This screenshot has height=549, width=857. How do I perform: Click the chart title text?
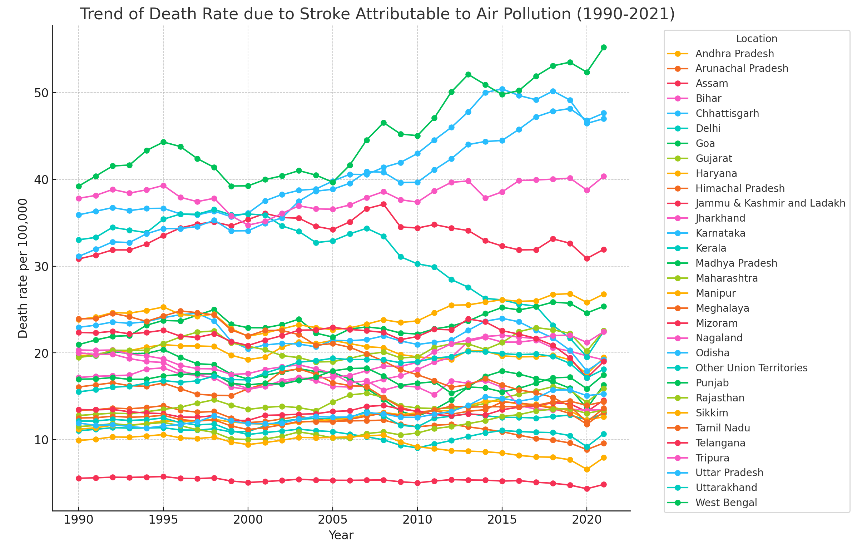click(377, 14)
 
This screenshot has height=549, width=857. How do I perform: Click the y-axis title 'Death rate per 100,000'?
click(23, 268)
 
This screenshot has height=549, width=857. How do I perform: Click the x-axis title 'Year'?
click(341, 535)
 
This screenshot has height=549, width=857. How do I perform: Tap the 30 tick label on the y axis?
click(41, 266)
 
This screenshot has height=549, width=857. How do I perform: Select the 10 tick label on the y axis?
click(41, 440)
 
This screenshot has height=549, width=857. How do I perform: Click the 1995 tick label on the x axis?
click(163, 520)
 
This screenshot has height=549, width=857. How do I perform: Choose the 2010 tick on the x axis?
click(417, 520)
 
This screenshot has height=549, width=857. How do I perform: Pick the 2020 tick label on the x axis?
click(586, 520)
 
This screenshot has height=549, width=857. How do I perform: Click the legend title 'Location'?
click(757, 39)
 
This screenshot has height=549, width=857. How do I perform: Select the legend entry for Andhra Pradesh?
click(734, 54)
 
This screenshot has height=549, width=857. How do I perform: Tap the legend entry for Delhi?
click(708, 128)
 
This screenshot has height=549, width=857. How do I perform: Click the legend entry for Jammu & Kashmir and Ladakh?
click(770, 203)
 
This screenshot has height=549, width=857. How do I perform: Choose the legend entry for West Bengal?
click(726, 503)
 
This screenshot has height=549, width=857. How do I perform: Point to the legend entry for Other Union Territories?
click(751, 368)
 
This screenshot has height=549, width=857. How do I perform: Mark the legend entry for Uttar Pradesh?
click(729, 473)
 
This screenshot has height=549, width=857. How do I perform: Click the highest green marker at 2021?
click(604, 47)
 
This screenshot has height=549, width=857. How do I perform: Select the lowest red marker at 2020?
click(586, 489)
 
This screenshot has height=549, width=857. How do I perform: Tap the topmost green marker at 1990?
click(79, 186)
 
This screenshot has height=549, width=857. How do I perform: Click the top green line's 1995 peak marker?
click(163, 142)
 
